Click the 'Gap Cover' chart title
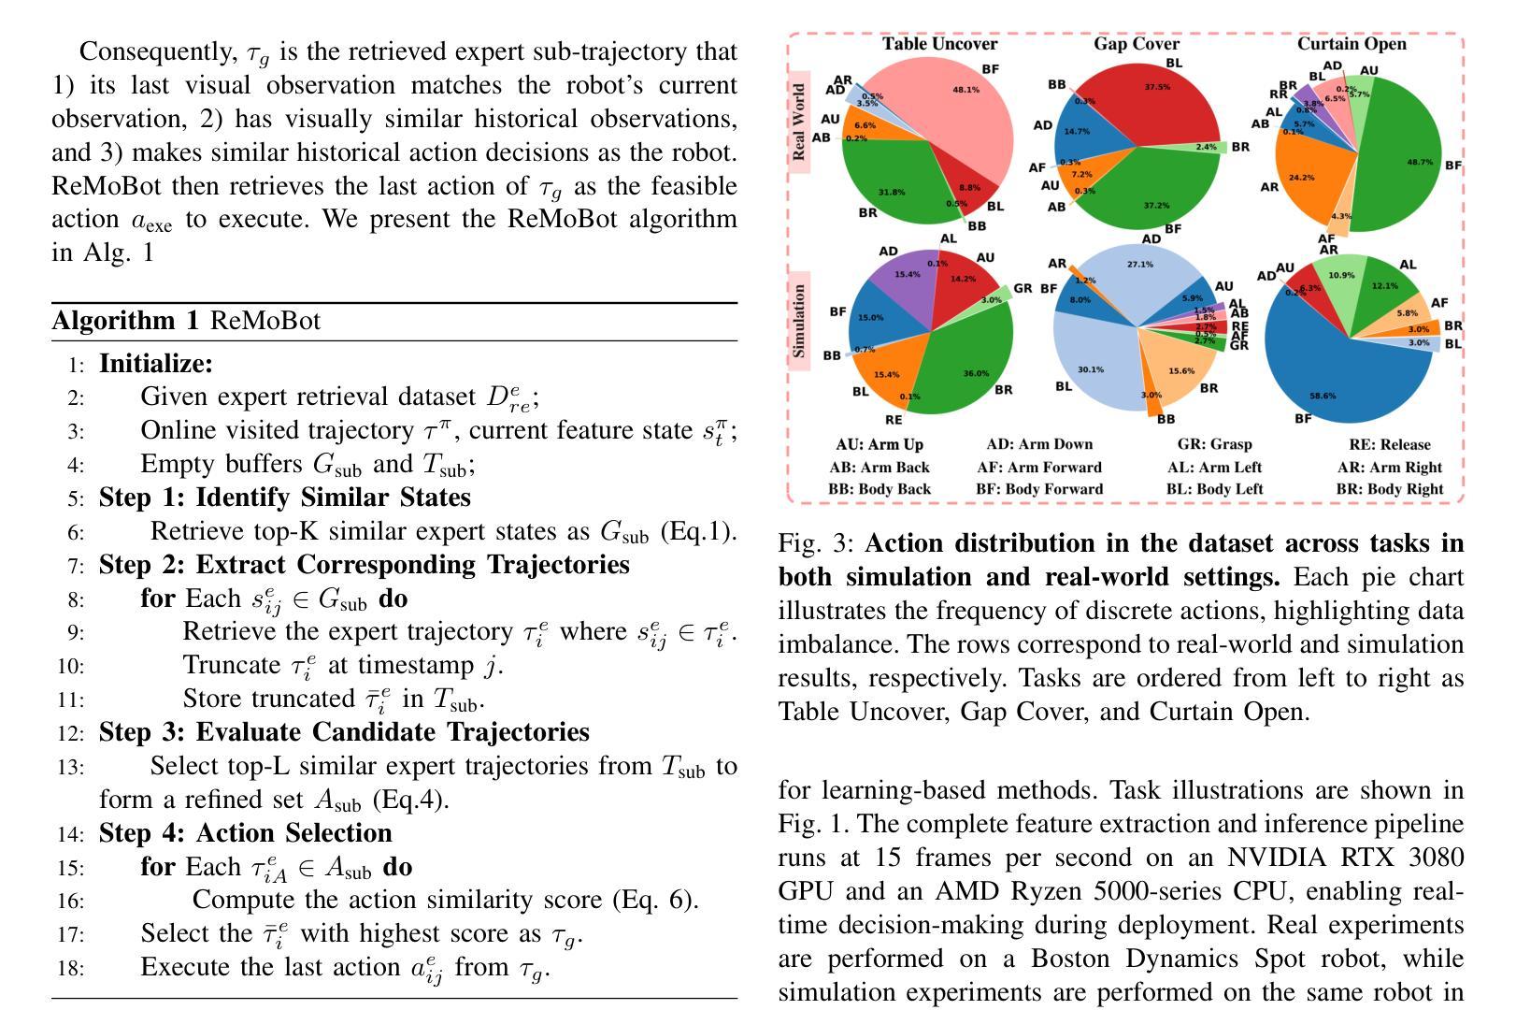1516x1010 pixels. (1137, 44)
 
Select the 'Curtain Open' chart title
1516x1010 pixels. (1352, 44)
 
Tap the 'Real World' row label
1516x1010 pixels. (799, 122)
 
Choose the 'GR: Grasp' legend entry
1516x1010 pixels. (1214, 444)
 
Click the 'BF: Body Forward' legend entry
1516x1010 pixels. (1039, 489)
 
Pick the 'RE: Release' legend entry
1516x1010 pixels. (1389, 444)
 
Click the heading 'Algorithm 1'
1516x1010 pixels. (125, 321)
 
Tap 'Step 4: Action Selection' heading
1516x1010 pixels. (245, 833)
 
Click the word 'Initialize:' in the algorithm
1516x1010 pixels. (156, 363)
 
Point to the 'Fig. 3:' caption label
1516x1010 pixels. (817, 543)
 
